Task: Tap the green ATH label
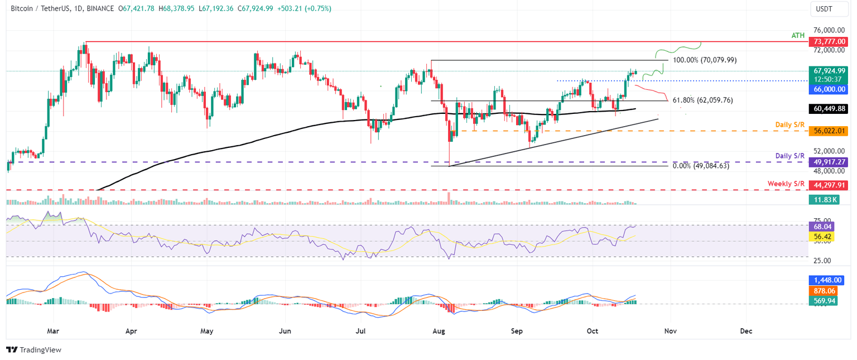pyautogui.click(x=798, y=35)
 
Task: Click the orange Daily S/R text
pyautogui.click(x=789, y=124)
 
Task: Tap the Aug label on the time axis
pyautogui.click(x=439, y=331)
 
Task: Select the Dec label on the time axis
pyautogui.click(x=746, y=331)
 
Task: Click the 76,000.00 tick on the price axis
pyautogui.click(x=830, y=30)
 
